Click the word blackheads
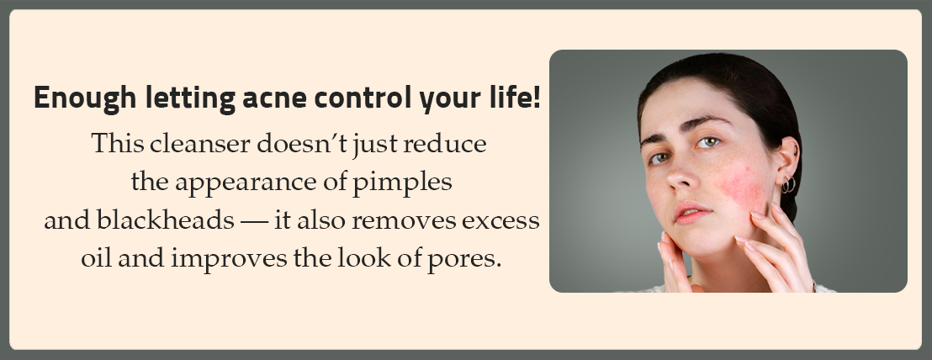pos(165,220)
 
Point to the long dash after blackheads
pos(254,221)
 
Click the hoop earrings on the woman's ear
pos(788,185)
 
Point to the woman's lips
pos(692,212)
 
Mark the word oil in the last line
pos(96,258)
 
